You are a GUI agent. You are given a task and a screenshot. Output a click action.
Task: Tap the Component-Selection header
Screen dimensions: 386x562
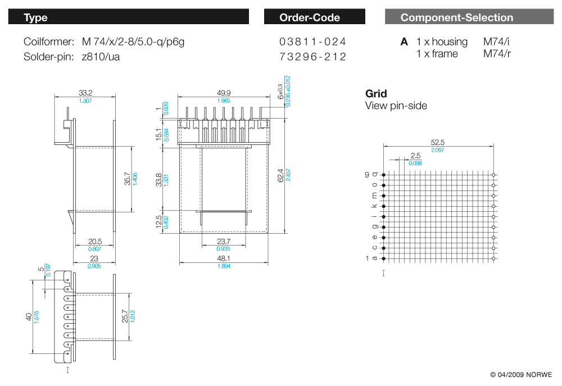456,17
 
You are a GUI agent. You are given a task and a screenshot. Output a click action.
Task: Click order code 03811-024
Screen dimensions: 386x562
312,42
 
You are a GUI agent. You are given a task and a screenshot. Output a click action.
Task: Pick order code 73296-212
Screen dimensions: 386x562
312,57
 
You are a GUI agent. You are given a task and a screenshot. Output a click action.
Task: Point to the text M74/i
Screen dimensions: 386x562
496,42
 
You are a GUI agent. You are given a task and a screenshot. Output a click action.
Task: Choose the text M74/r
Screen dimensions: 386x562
497,54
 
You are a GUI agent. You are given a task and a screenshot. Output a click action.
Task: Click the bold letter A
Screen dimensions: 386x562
404,42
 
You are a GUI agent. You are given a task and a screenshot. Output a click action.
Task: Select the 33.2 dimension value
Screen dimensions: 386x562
85,93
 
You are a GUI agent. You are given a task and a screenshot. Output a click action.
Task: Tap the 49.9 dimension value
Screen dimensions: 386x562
224,93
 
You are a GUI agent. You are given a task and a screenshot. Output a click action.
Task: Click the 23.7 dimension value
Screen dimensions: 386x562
223,241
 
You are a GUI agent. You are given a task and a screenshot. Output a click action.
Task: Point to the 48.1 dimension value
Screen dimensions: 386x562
224,258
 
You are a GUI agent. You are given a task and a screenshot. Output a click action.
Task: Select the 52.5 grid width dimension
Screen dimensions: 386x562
438,143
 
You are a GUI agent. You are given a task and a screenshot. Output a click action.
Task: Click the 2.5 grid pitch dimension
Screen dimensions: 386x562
415,156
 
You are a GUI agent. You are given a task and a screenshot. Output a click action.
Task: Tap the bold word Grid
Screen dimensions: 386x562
376,94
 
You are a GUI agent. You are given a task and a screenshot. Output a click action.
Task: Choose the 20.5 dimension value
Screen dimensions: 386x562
94,241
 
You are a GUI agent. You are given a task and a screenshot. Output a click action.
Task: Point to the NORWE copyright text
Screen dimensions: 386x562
521,375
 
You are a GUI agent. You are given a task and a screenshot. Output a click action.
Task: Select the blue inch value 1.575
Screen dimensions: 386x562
35,317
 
